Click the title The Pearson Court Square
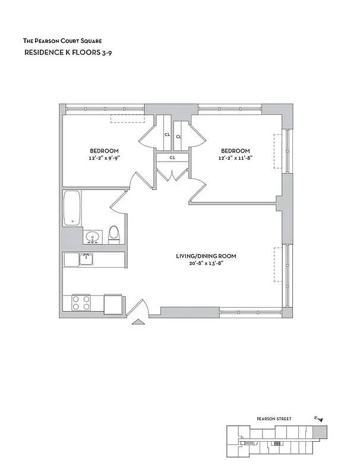coord(62,41)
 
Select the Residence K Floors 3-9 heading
coord(70,53)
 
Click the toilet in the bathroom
coord(115,235)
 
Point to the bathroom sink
coord(92,237)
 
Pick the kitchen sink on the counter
coord(86,259)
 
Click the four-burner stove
coord(80,302)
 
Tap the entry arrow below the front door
coord(138,322)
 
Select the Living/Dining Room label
coord(206,256)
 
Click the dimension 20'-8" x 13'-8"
coord(206,264)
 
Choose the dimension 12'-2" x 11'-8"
coord(235,158)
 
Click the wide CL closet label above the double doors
coord(172,158)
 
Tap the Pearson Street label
coord(274,419)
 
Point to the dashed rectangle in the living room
coord(276,264)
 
